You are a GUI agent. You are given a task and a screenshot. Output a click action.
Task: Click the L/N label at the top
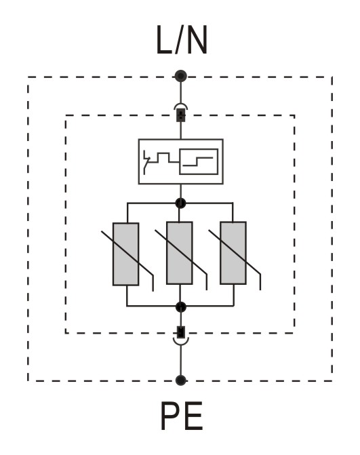pos(182,40)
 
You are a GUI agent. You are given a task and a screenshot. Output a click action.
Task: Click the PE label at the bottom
pos(182,416)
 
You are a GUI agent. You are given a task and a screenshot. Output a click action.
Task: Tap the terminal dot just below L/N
pos(181,77)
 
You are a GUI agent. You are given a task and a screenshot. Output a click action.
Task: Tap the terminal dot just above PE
pos(181,380)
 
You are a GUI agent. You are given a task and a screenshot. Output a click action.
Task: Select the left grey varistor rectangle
pos(125,254)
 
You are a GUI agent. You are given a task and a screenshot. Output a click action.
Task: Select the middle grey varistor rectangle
pos(179,253)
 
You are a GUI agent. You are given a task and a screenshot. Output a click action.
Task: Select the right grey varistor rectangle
pos(233,253)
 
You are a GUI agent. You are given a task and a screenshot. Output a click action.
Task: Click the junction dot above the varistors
pos(180,203)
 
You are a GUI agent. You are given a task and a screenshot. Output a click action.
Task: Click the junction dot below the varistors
pos(181,306)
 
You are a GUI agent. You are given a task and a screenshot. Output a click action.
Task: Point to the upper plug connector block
pos(181,115)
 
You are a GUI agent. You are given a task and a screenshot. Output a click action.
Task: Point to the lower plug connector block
pos(181,332)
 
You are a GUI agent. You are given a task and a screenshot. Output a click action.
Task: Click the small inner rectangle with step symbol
pos(199,161)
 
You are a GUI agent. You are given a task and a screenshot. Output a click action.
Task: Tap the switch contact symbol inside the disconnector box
pos(147,162)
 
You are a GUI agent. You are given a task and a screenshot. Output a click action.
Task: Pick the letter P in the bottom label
pos(170,416)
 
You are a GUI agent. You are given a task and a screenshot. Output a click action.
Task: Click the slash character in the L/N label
pos(178,40)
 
